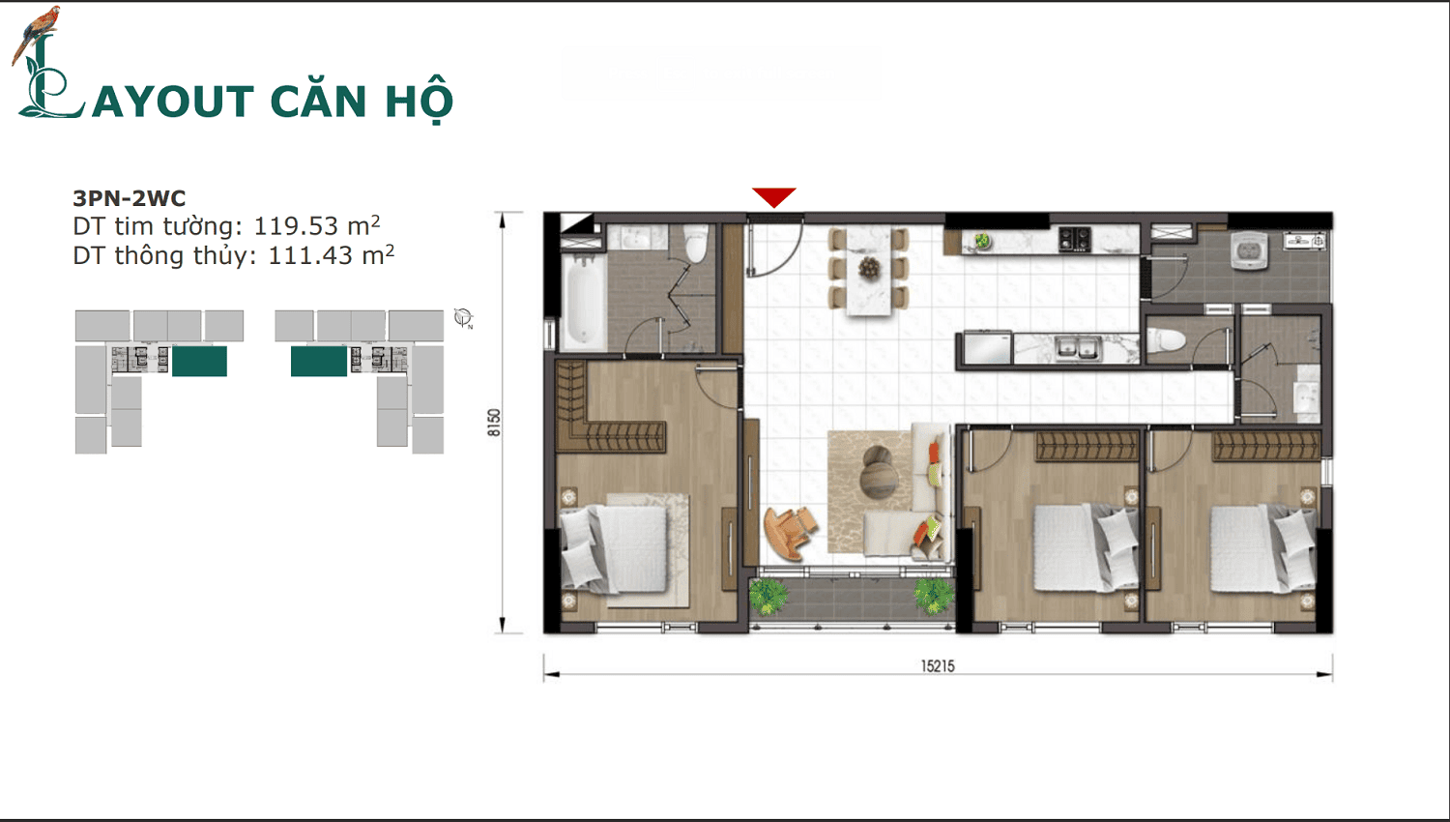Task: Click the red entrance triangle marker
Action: click(x=773, y=196)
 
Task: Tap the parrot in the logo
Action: click(x=39, y=29)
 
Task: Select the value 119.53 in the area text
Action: click(x=295, y=226)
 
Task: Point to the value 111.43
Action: click(x=309, y=256)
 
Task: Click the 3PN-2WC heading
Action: click(x=130, y=198)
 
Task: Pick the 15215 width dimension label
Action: click(x=937, y=666)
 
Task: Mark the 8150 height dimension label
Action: click(x=494, y=423)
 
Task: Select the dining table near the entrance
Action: click(x=868, y=270)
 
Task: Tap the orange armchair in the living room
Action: click(x=789, y=532)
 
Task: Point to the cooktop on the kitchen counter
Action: click(x=1074, y=237)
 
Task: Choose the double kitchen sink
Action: click(x=1075, y=346)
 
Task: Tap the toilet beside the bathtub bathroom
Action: click(x=695, y=244)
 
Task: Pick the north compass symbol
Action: click(x=463, y=317)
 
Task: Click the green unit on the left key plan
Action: click(x=199, y=361)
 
